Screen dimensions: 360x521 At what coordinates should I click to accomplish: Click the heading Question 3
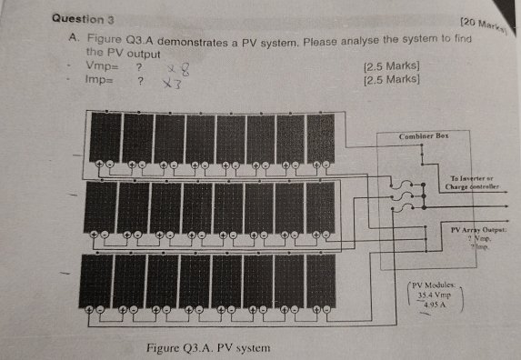[84, 18]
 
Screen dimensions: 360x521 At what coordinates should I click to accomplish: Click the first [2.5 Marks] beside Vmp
[390, 67]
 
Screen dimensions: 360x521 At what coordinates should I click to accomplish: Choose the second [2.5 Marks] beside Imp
[390, 80]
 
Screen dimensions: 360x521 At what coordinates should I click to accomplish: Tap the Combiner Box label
[424, 135]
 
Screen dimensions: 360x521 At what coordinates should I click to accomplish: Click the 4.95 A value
[436, 305]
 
